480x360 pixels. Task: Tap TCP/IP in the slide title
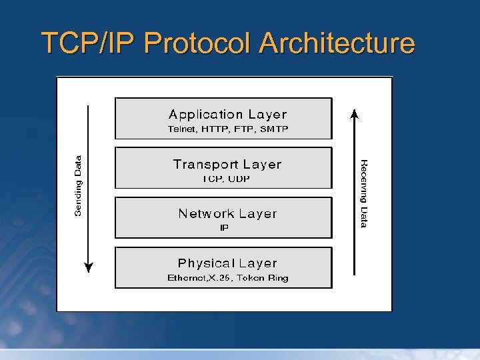[x=89, y=43]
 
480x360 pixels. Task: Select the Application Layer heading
[x=227, y=115]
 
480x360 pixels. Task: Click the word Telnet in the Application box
[x=180, y=129]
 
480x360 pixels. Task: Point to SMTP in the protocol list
[x=275, y=129]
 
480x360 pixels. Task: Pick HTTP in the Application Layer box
[x=214, y=129]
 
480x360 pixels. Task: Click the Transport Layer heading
[x=227, y=164]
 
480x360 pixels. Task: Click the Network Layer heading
[x=227, y=213]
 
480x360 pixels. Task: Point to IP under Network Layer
[x=225, y=228]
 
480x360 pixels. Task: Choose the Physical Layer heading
[x=227, y=263]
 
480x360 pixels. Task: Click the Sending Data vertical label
[x=78, y=185]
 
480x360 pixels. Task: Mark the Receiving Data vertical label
[x=364, y=193]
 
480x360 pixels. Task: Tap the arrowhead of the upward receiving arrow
[x=355, y=113]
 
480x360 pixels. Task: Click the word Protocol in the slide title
[x=198, y=43]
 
